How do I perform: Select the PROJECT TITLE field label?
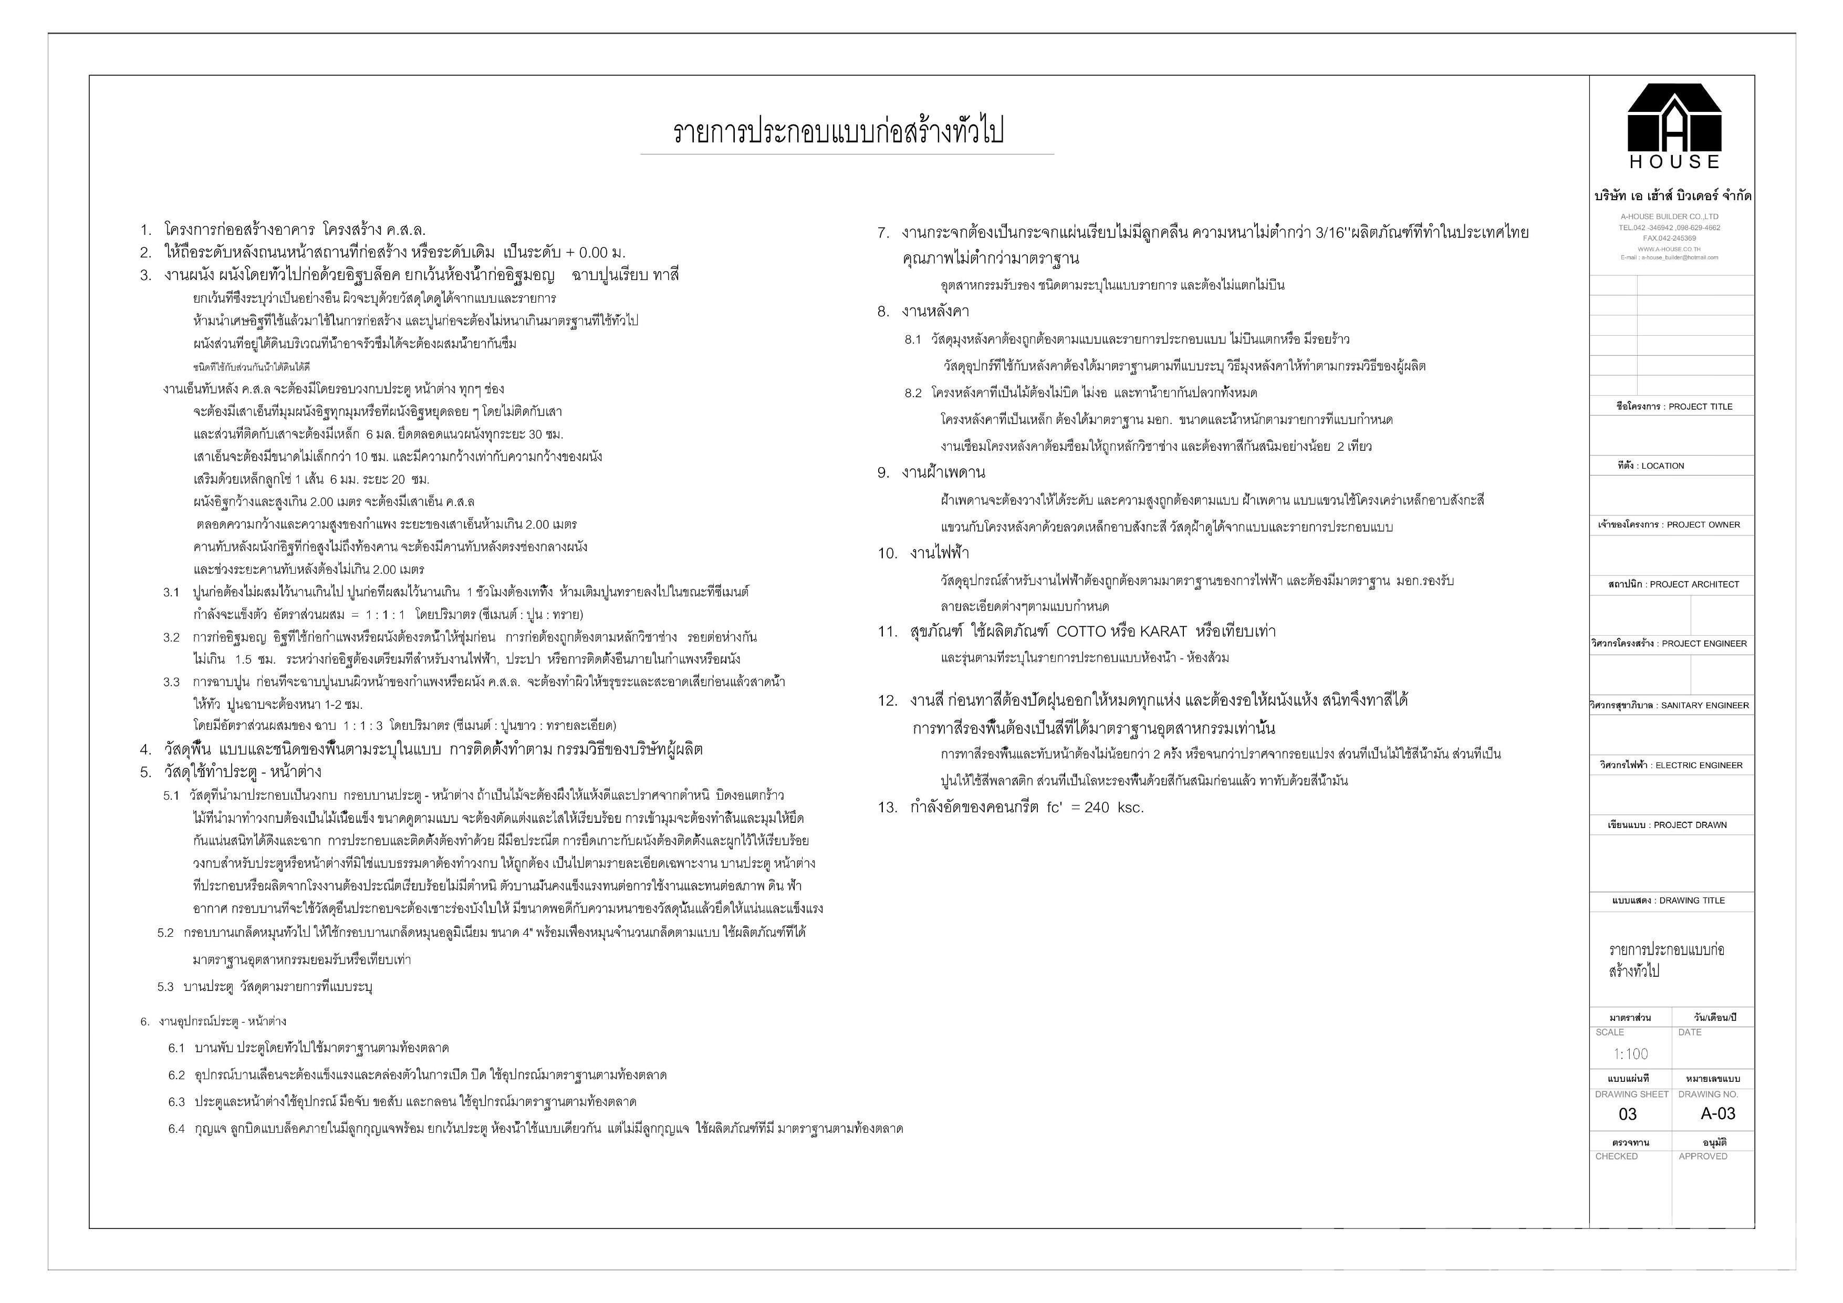(x=1674, y=407)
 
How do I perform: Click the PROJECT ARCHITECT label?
(x=1674, y=584)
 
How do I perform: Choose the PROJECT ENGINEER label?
(x=1670, y=644)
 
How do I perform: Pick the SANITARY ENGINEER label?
(x=1670, y=706)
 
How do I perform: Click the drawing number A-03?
(x=1718, y=1113)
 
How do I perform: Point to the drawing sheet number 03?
(x=1627, y=1114)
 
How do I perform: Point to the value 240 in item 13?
(x=1097, y=808)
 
